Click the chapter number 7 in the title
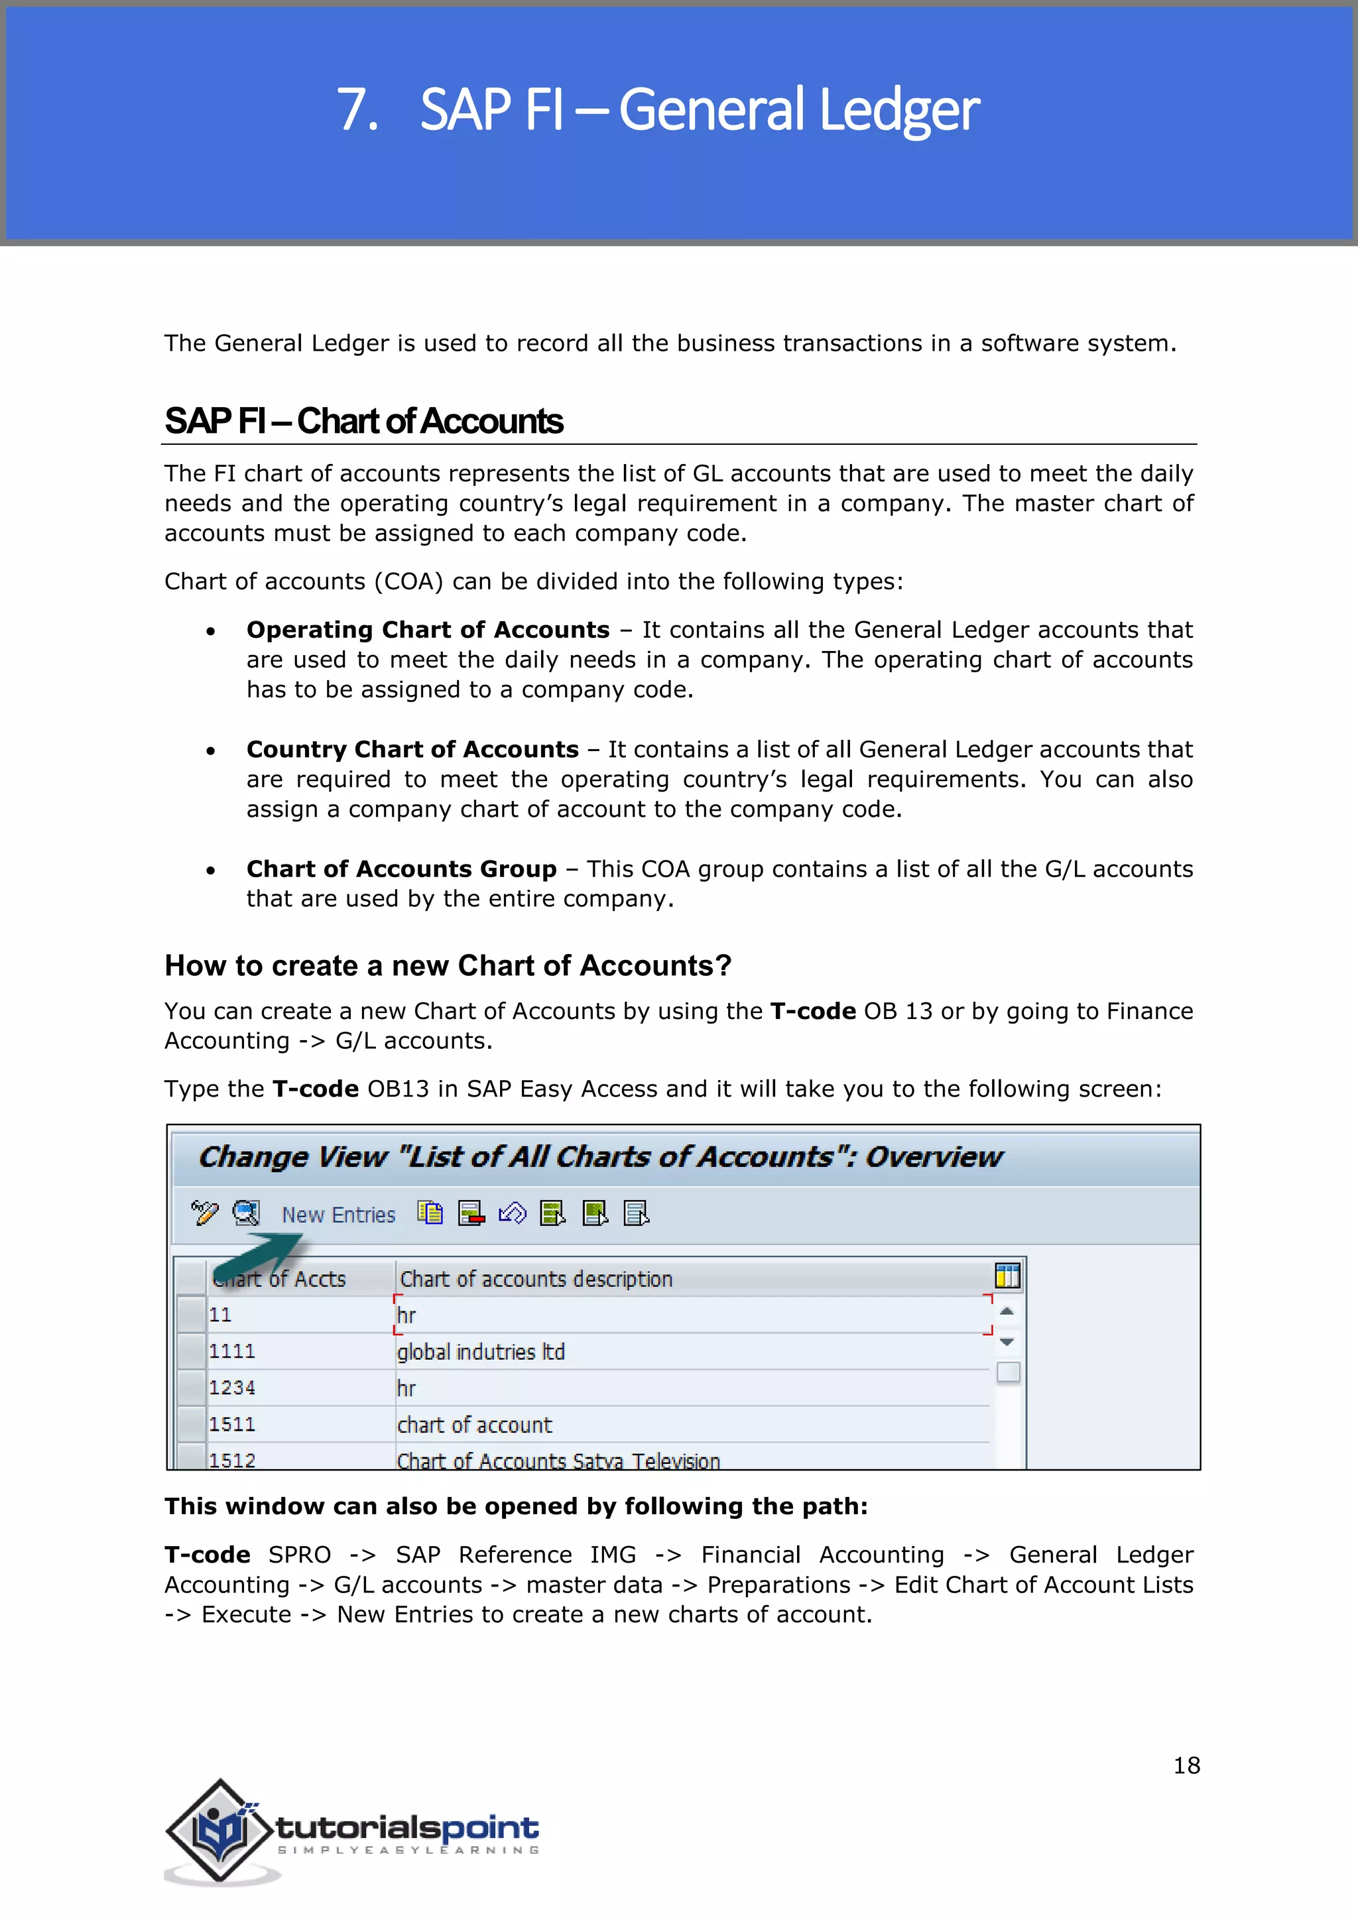pos(355,110)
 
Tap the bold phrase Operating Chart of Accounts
pos(427,630)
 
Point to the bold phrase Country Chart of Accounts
pos(412,749)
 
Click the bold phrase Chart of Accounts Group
pos(401,869)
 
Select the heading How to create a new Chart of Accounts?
pos(448,966)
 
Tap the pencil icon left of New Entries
pos(204,1213)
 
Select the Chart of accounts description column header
pos(536,1279)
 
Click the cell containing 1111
pos(233,1351)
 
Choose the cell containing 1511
pos(233,1424)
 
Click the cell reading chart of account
pos(474,1425)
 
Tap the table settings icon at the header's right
pos(1008,1276)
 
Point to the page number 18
pos(1186,1766)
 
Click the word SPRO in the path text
pos(299,1555)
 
